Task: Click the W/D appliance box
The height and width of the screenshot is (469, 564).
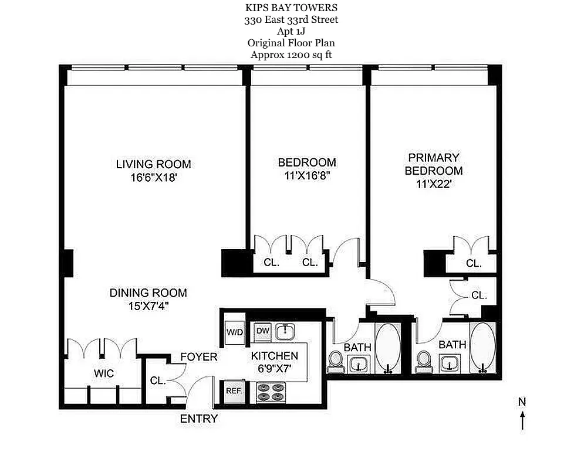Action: (235, 332)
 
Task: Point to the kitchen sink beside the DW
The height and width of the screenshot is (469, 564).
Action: (287, 332)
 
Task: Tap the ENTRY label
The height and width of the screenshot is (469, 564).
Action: (198, 419)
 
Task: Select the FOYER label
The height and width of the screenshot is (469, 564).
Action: (198, 357)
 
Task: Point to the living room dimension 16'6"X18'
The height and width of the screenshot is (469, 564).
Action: (153, 178)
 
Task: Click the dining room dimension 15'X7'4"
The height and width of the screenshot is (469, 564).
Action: (148, 306)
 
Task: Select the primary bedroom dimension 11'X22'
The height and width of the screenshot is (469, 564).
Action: (434, 184)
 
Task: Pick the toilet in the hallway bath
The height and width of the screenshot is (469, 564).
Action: (336, 360)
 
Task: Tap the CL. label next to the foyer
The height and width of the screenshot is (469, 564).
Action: (157, 381)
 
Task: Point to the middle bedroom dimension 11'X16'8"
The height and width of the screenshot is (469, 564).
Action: (307, 176)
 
